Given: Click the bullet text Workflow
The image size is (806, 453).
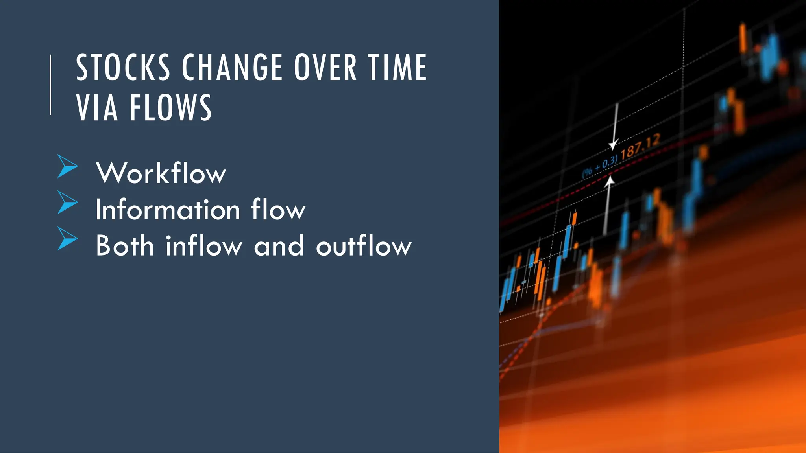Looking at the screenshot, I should coord(161,173).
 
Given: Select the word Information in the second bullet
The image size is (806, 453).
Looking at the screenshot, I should coord(168,209).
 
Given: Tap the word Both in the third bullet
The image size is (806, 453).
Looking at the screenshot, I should coord(125,245).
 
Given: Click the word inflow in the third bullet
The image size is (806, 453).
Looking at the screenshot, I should coord(204,245).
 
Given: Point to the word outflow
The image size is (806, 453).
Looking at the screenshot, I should coord(364,245).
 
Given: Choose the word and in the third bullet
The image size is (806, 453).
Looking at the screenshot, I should coord(279,246).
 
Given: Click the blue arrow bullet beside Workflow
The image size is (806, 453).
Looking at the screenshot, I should coord(67,166).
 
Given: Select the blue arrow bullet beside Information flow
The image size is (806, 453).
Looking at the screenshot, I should coord(67,202).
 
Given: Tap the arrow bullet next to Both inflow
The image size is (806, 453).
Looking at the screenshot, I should coord(67,238).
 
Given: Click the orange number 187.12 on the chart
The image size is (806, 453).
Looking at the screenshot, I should coord(640,146).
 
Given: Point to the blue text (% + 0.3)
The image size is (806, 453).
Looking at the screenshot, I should coord(600,167).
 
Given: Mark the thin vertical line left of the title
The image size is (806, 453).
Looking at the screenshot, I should coord(50,85).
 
